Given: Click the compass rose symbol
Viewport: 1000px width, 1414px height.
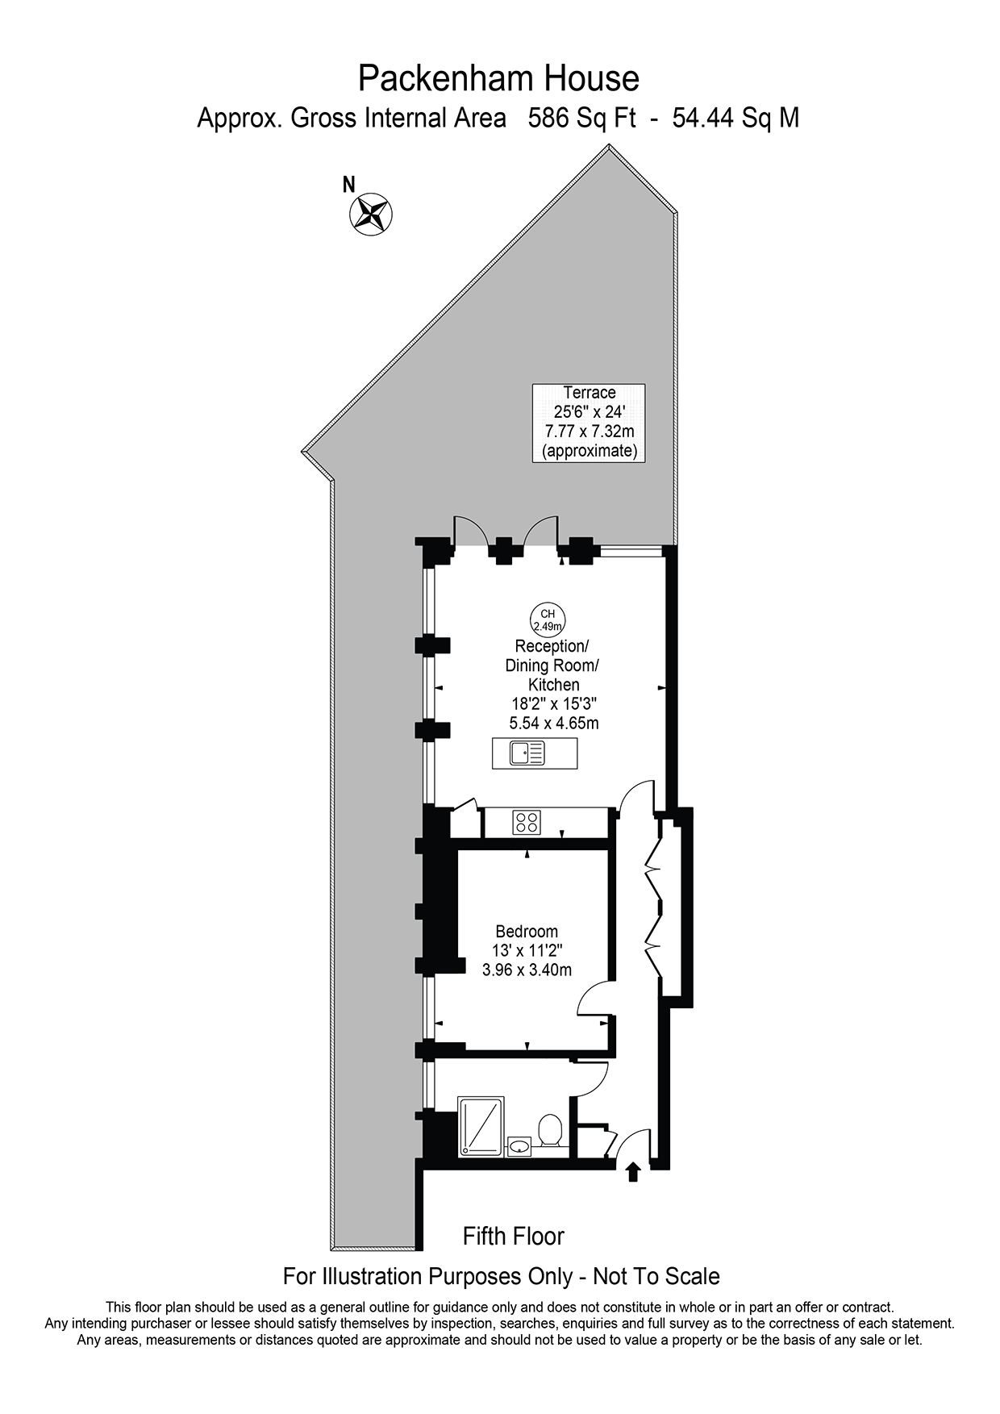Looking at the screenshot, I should coord(370,215).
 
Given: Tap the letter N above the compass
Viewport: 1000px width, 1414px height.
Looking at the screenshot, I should coord(349,185).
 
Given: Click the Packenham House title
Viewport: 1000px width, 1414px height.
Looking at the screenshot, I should coord(498,79).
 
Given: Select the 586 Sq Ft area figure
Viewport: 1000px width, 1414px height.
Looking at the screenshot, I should coord(581,119).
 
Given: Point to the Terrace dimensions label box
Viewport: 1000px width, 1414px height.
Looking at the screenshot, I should coord(589,422).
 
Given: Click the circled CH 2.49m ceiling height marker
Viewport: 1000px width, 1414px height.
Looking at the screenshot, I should coord(548,619).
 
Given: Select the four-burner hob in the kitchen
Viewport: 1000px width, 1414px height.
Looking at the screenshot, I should coord(527,823).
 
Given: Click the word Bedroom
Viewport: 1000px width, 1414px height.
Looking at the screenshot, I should coord(527,931).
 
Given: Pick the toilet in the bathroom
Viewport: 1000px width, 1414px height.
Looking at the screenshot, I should coord(551,1130).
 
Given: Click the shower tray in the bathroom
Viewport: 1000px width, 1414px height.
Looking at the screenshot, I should coord(481,1127).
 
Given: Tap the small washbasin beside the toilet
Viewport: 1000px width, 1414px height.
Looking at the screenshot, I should coord(519,1145).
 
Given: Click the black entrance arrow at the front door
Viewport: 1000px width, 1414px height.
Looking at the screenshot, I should coord(633,1170).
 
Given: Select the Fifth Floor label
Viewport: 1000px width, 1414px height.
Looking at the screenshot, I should coord(514,1236).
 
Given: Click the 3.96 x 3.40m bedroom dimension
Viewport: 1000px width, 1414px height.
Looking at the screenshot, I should coord(527,970).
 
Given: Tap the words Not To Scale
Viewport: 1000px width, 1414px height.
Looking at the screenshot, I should coord(656,1276).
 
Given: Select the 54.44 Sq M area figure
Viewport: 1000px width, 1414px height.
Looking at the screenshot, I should coord(735,119).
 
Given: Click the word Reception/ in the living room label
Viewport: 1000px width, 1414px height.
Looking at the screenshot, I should coord(552,646).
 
